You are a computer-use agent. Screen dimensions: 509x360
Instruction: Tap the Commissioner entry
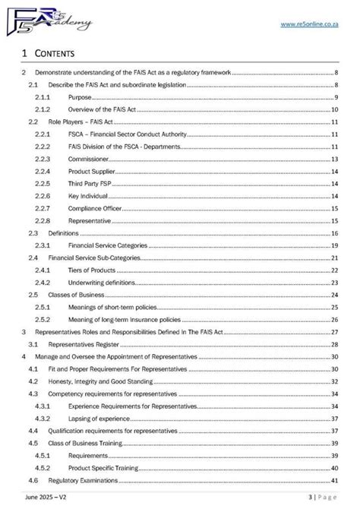click(89, 159)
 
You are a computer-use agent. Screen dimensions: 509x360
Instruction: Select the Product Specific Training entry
click(100, 468)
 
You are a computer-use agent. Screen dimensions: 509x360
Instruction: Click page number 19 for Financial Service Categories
click(334, 245)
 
